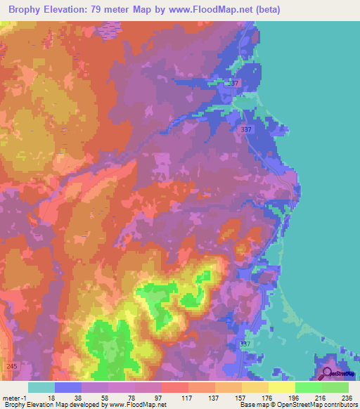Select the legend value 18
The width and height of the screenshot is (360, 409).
51,396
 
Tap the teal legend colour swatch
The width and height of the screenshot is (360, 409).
41,387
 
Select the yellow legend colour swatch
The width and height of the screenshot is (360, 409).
281,387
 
